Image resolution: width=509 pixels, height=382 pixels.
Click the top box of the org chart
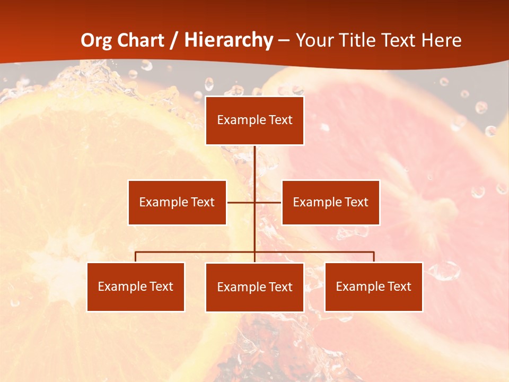(254, 120)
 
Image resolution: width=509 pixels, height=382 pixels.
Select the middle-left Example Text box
(177, 202)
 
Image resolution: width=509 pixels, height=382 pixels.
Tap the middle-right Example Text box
(330, 202)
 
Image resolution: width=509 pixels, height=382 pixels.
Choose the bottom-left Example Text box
(136, 286)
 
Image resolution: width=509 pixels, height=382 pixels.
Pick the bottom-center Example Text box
(254, 287)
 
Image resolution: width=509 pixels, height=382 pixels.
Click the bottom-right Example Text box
(373, 286)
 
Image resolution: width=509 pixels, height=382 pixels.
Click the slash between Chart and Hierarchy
(173, 40)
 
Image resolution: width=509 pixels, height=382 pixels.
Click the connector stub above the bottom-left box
(136, 257)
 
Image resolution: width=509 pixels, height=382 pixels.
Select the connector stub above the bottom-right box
(373, 257)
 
